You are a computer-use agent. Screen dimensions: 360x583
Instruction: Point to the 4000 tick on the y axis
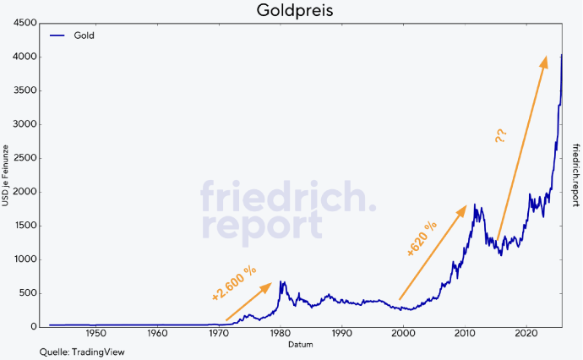tap(24, 57)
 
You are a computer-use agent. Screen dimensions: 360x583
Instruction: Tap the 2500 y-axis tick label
tap(24, 158)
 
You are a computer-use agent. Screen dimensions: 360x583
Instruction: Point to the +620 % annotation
tap(422, 238)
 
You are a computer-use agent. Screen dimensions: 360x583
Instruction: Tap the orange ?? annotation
tap(501, 134)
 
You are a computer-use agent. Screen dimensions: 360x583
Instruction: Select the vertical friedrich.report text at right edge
tap(575, 175)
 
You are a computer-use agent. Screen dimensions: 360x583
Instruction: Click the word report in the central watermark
tap(261, 226)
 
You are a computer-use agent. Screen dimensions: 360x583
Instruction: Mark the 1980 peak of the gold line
tap(281, 282)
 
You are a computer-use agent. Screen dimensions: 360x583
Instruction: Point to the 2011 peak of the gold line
tap(475, 205)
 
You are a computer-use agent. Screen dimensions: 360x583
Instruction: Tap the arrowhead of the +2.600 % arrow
tap(268, 286)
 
